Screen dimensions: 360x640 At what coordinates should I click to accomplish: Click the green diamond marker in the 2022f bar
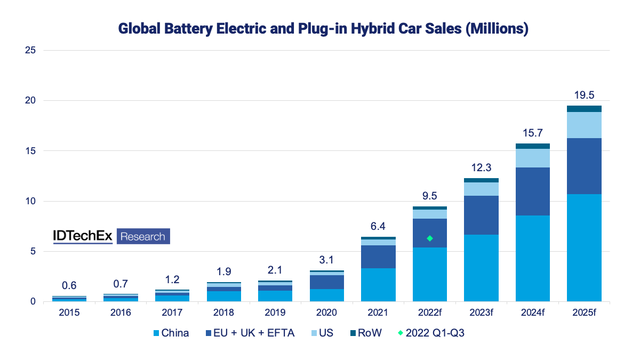pyautogui.click(x=429, y=238)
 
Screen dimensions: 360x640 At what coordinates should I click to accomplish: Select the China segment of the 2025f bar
pyautogui.click(x=584, y=248)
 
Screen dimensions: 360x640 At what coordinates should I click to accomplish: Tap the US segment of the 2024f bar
pyautogui.click(x=532, y=158)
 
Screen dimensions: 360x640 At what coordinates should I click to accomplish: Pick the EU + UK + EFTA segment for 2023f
pyautogui.click(x=481, y=215)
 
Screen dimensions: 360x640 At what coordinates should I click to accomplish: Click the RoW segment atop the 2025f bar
pyautogui.click(x=584, y=109)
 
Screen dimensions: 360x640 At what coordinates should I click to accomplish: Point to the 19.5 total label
pyautogui.click(x=584, y=95)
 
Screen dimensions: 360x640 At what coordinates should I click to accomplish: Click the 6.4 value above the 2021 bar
pyautogui.click(x=378, y=226)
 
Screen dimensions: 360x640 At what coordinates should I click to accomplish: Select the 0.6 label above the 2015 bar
pyautogui.click(x=69, y=285)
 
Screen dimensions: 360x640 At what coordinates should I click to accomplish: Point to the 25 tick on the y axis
pyautogui.click(x=30, y=50)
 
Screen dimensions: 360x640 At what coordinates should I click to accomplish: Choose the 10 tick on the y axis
pyautogui.click(x=30, y=201)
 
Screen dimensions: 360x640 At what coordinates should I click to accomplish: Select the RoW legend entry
pyautogui.click(x=369, y=333)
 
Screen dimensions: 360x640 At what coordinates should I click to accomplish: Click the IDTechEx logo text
pyautogui.click(x=83, y=236)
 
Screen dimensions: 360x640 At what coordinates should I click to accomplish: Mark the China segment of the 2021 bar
pyautogui.click(x=378, y=285)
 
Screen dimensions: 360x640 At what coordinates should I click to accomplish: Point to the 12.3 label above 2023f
pyautogui.click(x=481, y=167)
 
